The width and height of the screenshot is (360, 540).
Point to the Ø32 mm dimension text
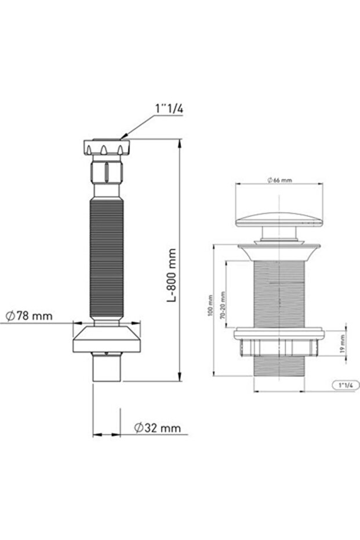[x=157, y=427]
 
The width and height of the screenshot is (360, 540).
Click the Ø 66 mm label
[x=279, y=180]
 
